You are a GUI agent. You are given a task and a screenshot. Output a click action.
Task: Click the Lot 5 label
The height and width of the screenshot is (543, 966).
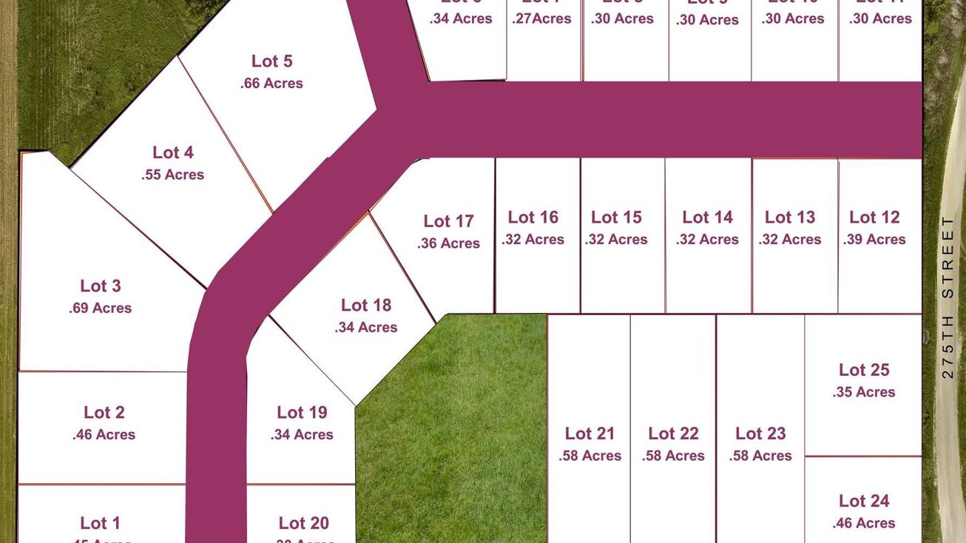click(271, 61)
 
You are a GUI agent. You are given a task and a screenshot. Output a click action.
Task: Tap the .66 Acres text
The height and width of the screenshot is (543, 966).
click(271, 84)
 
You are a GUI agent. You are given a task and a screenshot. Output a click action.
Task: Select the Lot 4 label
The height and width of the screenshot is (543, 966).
click(173, 152)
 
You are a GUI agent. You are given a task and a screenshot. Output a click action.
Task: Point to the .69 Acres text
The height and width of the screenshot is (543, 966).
click(101, 308)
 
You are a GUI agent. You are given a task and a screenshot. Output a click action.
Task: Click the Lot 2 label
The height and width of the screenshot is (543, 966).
click(104, 413)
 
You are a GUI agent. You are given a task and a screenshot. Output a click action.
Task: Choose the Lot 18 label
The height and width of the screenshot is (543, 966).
click(366, 306)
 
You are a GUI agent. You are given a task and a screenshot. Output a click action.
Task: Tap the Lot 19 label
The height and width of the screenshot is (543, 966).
click(302, 413)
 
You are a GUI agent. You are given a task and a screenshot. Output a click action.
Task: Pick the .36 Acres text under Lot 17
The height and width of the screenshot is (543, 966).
click(448, 243)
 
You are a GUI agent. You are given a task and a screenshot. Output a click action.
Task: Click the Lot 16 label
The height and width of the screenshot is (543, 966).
click(533, 217)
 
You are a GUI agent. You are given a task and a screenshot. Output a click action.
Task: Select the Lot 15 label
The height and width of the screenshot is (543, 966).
click(616, 217)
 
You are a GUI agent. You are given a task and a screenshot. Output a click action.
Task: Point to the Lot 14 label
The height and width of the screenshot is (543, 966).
click(707, 217)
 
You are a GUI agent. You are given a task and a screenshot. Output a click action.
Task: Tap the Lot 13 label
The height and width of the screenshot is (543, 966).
click(790, 217)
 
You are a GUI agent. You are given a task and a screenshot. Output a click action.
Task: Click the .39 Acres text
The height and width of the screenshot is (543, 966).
click(874, 240)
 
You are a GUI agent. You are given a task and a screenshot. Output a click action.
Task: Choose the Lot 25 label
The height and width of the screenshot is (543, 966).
click(864, 370)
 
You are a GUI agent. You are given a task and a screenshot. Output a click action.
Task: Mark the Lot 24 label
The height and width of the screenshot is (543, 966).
click(864, 501)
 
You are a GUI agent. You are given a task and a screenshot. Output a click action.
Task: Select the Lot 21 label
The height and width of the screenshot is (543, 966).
click(590, 434)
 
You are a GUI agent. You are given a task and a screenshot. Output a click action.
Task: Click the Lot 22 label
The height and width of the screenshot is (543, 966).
click(673, 434)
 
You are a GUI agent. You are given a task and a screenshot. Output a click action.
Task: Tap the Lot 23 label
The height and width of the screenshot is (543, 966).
click(760, 434)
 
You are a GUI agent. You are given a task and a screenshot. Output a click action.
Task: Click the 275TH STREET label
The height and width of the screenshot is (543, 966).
click(948, 297)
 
